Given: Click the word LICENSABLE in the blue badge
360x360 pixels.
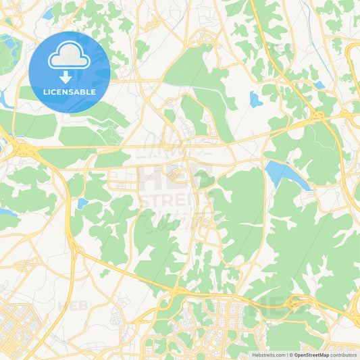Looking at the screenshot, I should [x=70, y=92].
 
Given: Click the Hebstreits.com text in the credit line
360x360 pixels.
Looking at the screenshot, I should [x=267, y=355].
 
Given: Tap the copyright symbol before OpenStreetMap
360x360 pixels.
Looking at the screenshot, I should [x=291, y=355].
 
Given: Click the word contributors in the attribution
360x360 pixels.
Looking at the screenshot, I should [x=344, y=355].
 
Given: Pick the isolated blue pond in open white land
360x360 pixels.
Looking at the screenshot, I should [x=255, y=100].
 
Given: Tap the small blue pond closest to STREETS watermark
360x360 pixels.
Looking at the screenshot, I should [x=82, y=203].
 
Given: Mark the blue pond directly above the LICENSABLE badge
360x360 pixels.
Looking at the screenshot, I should [x=49, y=14].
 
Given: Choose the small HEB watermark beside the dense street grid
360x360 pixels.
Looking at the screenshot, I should [x=73, y=305].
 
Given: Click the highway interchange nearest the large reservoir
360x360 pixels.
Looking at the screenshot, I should [x=319, y=120].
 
